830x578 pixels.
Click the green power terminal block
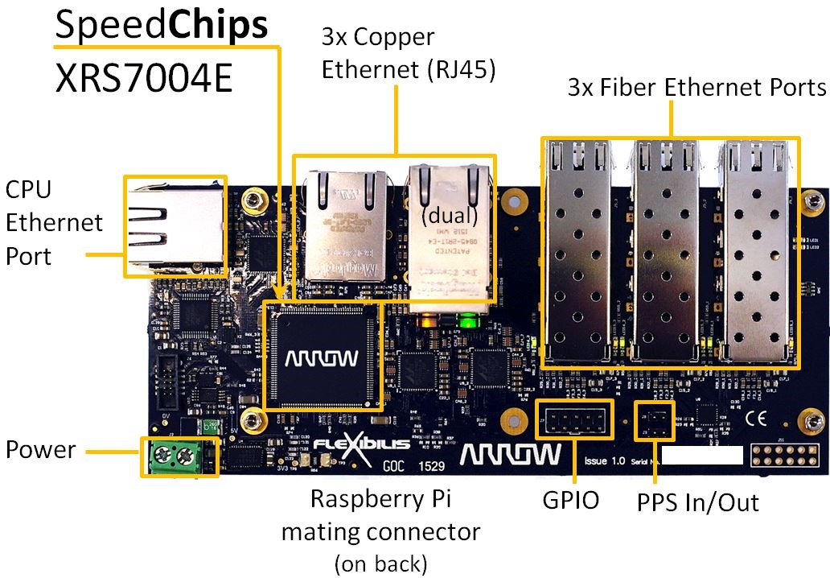[x=179, y=457]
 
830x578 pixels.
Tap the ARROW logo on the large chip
[x=323, y=356]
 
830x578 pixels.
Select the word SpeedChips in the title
[x=161, y=27]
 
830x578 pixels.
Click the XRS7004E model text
[x=145, y=78]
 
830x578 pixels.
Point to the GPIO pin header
[x=574, y=419]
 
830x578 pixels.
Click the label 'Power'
[x=40, y=449]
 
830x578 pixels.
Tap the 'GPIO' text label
[x=570, y=501]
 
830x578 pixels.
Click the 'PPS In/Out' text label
[x=697, y=502]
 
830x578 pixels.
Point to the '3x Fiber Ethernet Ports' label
[x=696, y=87]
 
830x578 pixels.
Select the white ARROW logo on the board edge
[x=511, y=454]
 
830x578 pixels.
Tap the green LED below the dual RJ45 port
[x=464, y=324]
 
